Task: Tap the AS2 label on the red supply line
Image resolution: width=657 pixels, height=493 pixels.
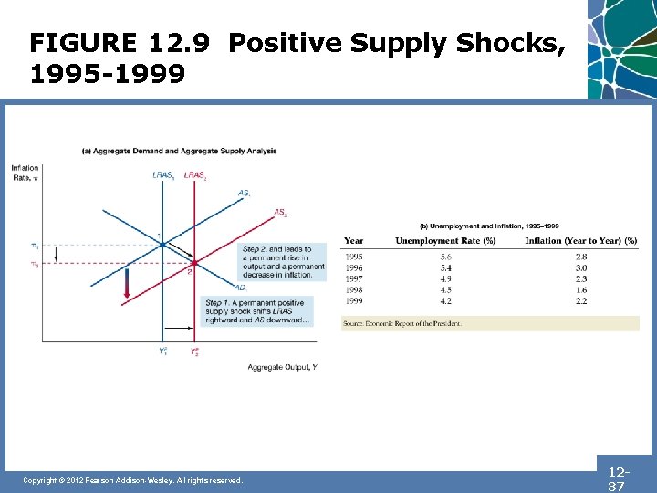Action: [280, 213]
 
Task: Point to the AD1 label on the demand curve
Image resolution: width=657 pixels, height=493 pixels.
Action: [240, 288]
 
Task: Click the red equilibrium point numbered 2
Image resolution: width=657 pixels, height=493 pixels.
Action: [193, 263]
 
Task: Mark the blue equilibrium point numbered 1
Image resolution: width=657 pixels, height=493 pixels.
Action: [162, 244]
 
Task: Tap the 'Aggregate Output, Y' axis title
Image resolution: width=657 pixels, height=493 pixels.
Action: [282, 367]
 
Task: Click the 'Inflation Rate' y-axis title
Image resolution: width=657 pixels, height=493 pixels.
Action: [25, 172]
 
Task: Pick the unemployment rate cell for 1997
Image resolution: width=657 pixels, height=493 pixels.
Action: [445, 279]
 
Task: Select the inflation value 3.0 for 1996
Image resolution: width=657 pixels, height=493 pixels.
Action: [581, 268]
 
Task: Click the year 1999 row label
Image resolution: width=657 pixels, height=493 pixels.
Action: [354, 301]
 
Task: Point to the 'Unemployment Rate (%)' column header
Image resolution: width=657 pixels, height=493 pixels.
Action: [445, 241]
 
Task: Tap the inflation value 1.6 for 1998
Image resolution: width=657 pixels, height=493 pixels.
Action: [581, 290]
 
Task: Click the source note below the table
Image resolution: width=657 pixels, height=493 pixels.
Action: [402, 323]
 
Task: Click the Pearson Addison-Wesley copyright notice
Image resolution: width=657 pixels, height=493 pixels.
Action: [132, 480]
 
